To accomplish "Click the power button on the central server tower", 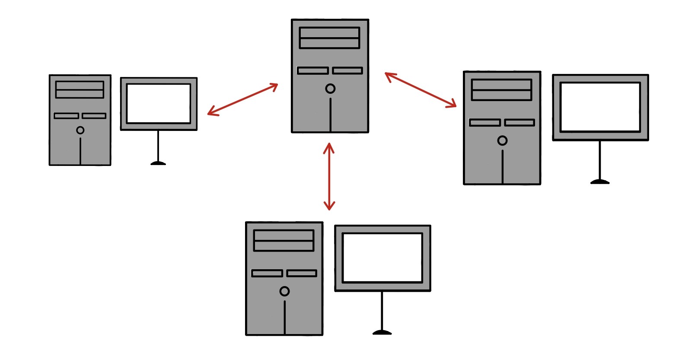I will (x=330, y=89).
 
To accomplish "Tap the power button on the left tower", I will (x=80, y=130).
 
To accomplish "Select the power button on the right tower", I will (x=502, y=140).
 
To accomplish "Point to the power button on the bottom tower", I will (x=284, y=291).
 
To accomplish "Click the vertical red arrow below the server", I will (x=329, y=177).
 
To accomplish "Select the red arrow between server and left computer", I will (x=242, y=99).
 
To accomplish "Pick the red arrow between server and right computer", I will (x=421, y=90).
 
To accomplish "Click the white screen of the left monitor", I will (x=159, y=104).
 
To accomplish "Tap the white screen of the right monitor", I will (x=600, y=107).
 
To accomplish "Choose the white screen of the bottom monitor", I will (x=382, y=258).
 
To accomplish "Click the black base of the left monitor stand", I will (x=158, y=163).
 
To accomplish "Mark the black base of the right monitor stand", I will (x=600, y=182).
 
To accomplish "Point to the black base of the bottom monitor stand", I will (x=382, y=332).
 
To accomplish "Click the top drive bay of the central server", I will (x=329, y=33).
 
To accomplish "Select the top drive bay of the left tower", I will (x=80, y=86).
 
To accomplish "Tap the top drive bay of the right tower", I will (x=501, y=84).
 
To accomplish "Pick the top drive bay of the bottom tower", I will (x=284, y=236).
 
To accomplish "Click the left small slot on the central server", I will (x=313, y=70).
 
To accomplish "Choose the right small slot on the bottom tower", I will (x=302, y=273).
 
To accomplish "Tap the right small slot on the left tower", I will (x=94, y=116).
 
